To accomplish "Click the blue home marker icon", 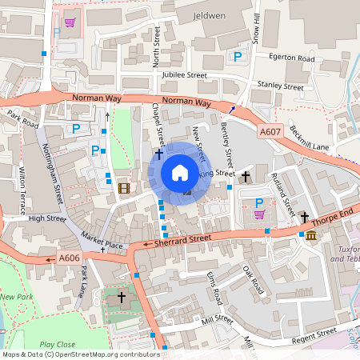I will pos(180,173).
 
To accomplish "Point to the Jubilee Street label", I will pos(184,75).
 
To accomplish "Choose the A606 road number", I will pos(69,258).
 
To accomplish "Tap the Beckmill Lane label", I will pos(310,138).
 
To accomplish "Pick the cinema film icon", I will pos(122,188).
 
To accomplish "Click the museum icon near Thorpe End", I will pos(310,235).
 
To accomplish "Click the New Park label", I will pos(16,297).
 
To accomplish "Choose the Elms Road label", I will pos(213,290).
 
